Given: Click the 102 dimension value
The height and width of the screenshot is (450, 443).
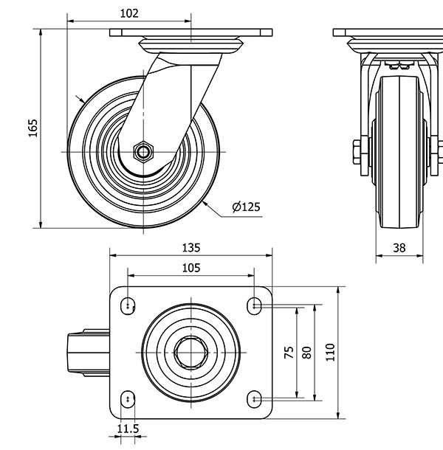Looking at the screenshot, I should pos(128,13).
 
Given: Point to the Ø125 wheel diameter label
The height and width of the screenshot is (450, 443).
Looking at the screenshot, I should pos(246,207).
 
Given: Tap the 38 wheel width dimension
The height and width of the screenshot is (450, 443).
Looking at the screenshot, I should pos(399,248).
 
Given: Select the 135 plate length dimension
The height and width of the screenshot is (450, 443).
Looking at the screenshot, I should pos(190,248).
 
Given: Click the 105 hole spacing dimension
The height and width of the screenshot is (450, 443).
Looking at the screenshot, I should pos(190,268).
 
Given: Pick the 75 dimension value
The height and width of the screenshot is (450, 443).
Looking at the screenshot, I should pos(289,352).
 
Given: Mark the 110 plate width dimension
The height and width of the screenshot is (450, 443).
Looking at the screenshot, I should pos(330,352).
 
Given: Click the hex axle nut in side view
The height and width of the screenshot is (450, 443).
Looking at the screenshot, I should pos(141,152).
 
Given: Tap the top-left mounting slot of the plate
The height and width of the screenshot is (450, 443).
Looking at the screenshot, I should pos(129,304).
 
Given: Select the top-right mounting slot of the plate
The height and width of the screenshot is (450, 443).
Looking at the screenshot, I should pos(255,304).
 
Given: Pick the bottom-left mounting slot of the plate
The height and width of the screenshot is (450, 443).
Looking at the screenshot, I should pos(129,399).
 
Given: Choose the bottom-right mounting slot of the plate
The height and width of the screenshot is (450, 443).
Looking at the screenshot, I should pos(255,399).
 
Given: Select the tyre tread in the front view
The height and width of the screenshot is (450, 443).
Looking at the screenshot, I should pos(399,148).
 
